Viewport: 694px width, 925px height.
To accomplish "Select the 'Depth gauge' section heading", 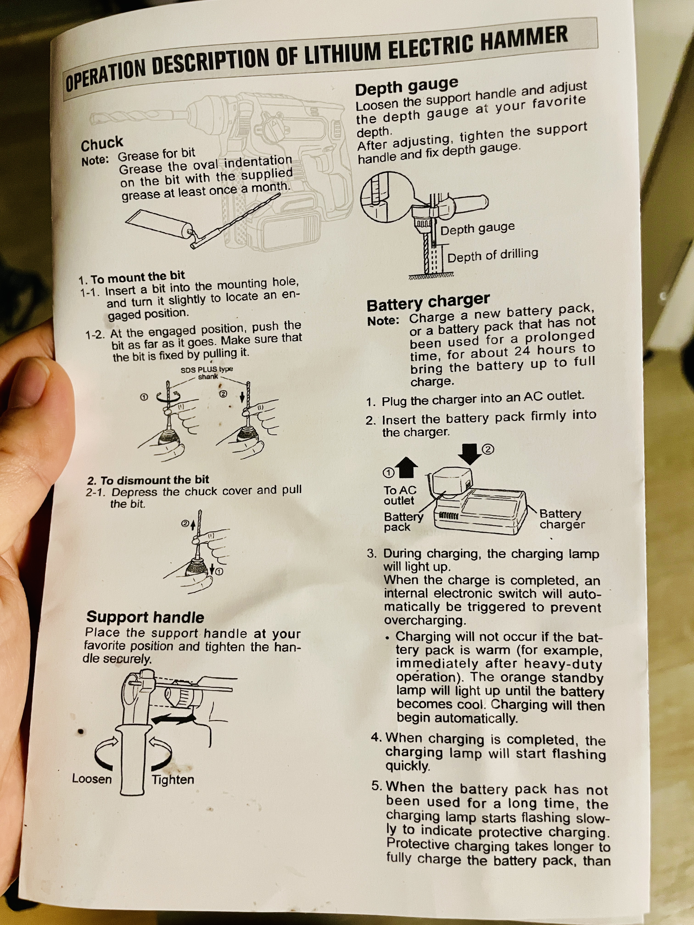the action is (407, 86).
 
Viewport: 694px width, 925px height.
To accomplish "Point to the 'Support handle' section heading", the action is (145, 617).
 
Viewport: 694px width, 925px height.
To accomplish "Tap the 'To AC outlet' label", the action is (400, 495).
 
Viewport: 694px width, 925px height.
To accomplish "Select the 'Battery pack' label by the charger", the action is (403, 521).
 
